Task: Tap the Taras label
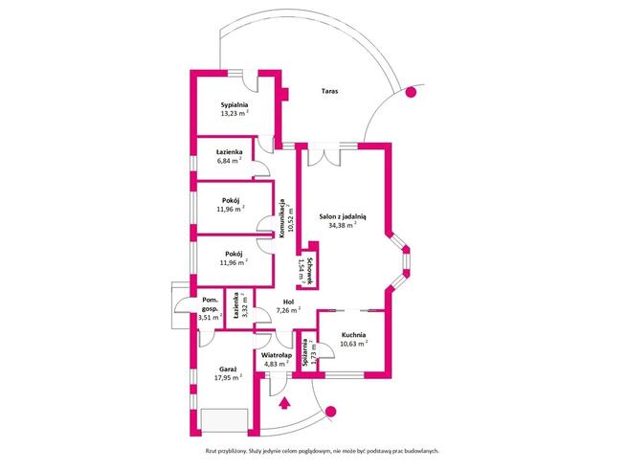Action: (x=329, y=92)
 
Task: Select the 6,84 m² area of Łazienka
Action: (x=228, y=162)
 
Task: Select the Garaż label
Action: (x=228, y=368)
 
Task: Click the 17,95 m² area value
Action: (x=228, y=378)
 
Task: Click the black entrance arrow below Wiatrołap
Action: (x=282, y=401)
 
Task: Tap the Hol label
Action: (x=288, y=300)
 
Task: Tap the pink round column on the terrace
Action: (x=412, y=94)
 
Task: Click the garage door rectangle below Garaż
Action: (x=228, y=419)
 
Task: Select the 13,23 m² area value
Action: (x=235, y=113)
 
